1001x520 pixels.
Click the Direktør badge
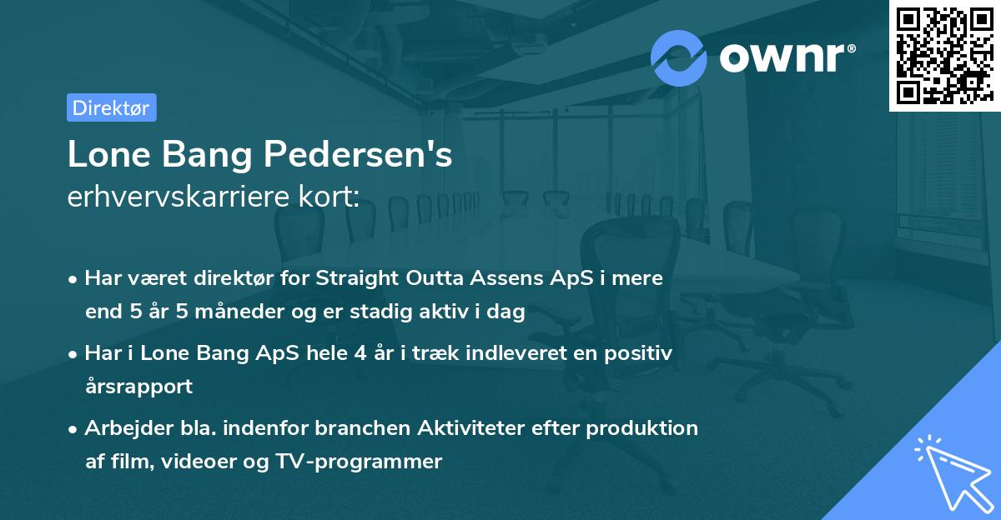(111, 107)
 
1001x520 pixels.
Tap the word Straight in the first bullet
(351, 278)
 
